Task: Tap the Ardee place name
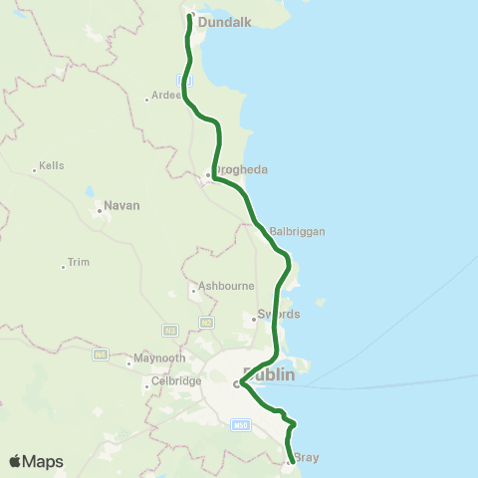165,96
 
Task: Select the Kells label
51,165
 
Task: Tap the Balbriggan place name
297,231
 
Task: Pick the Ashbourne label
222,286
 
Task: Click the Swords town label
279,314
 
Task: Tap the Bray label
306,459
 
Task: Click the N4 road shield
101,354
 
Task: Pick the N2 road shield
206,323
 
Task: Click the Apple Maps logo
36,461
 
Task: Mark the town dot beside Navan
100,210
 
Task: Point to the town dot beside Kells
35,170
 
